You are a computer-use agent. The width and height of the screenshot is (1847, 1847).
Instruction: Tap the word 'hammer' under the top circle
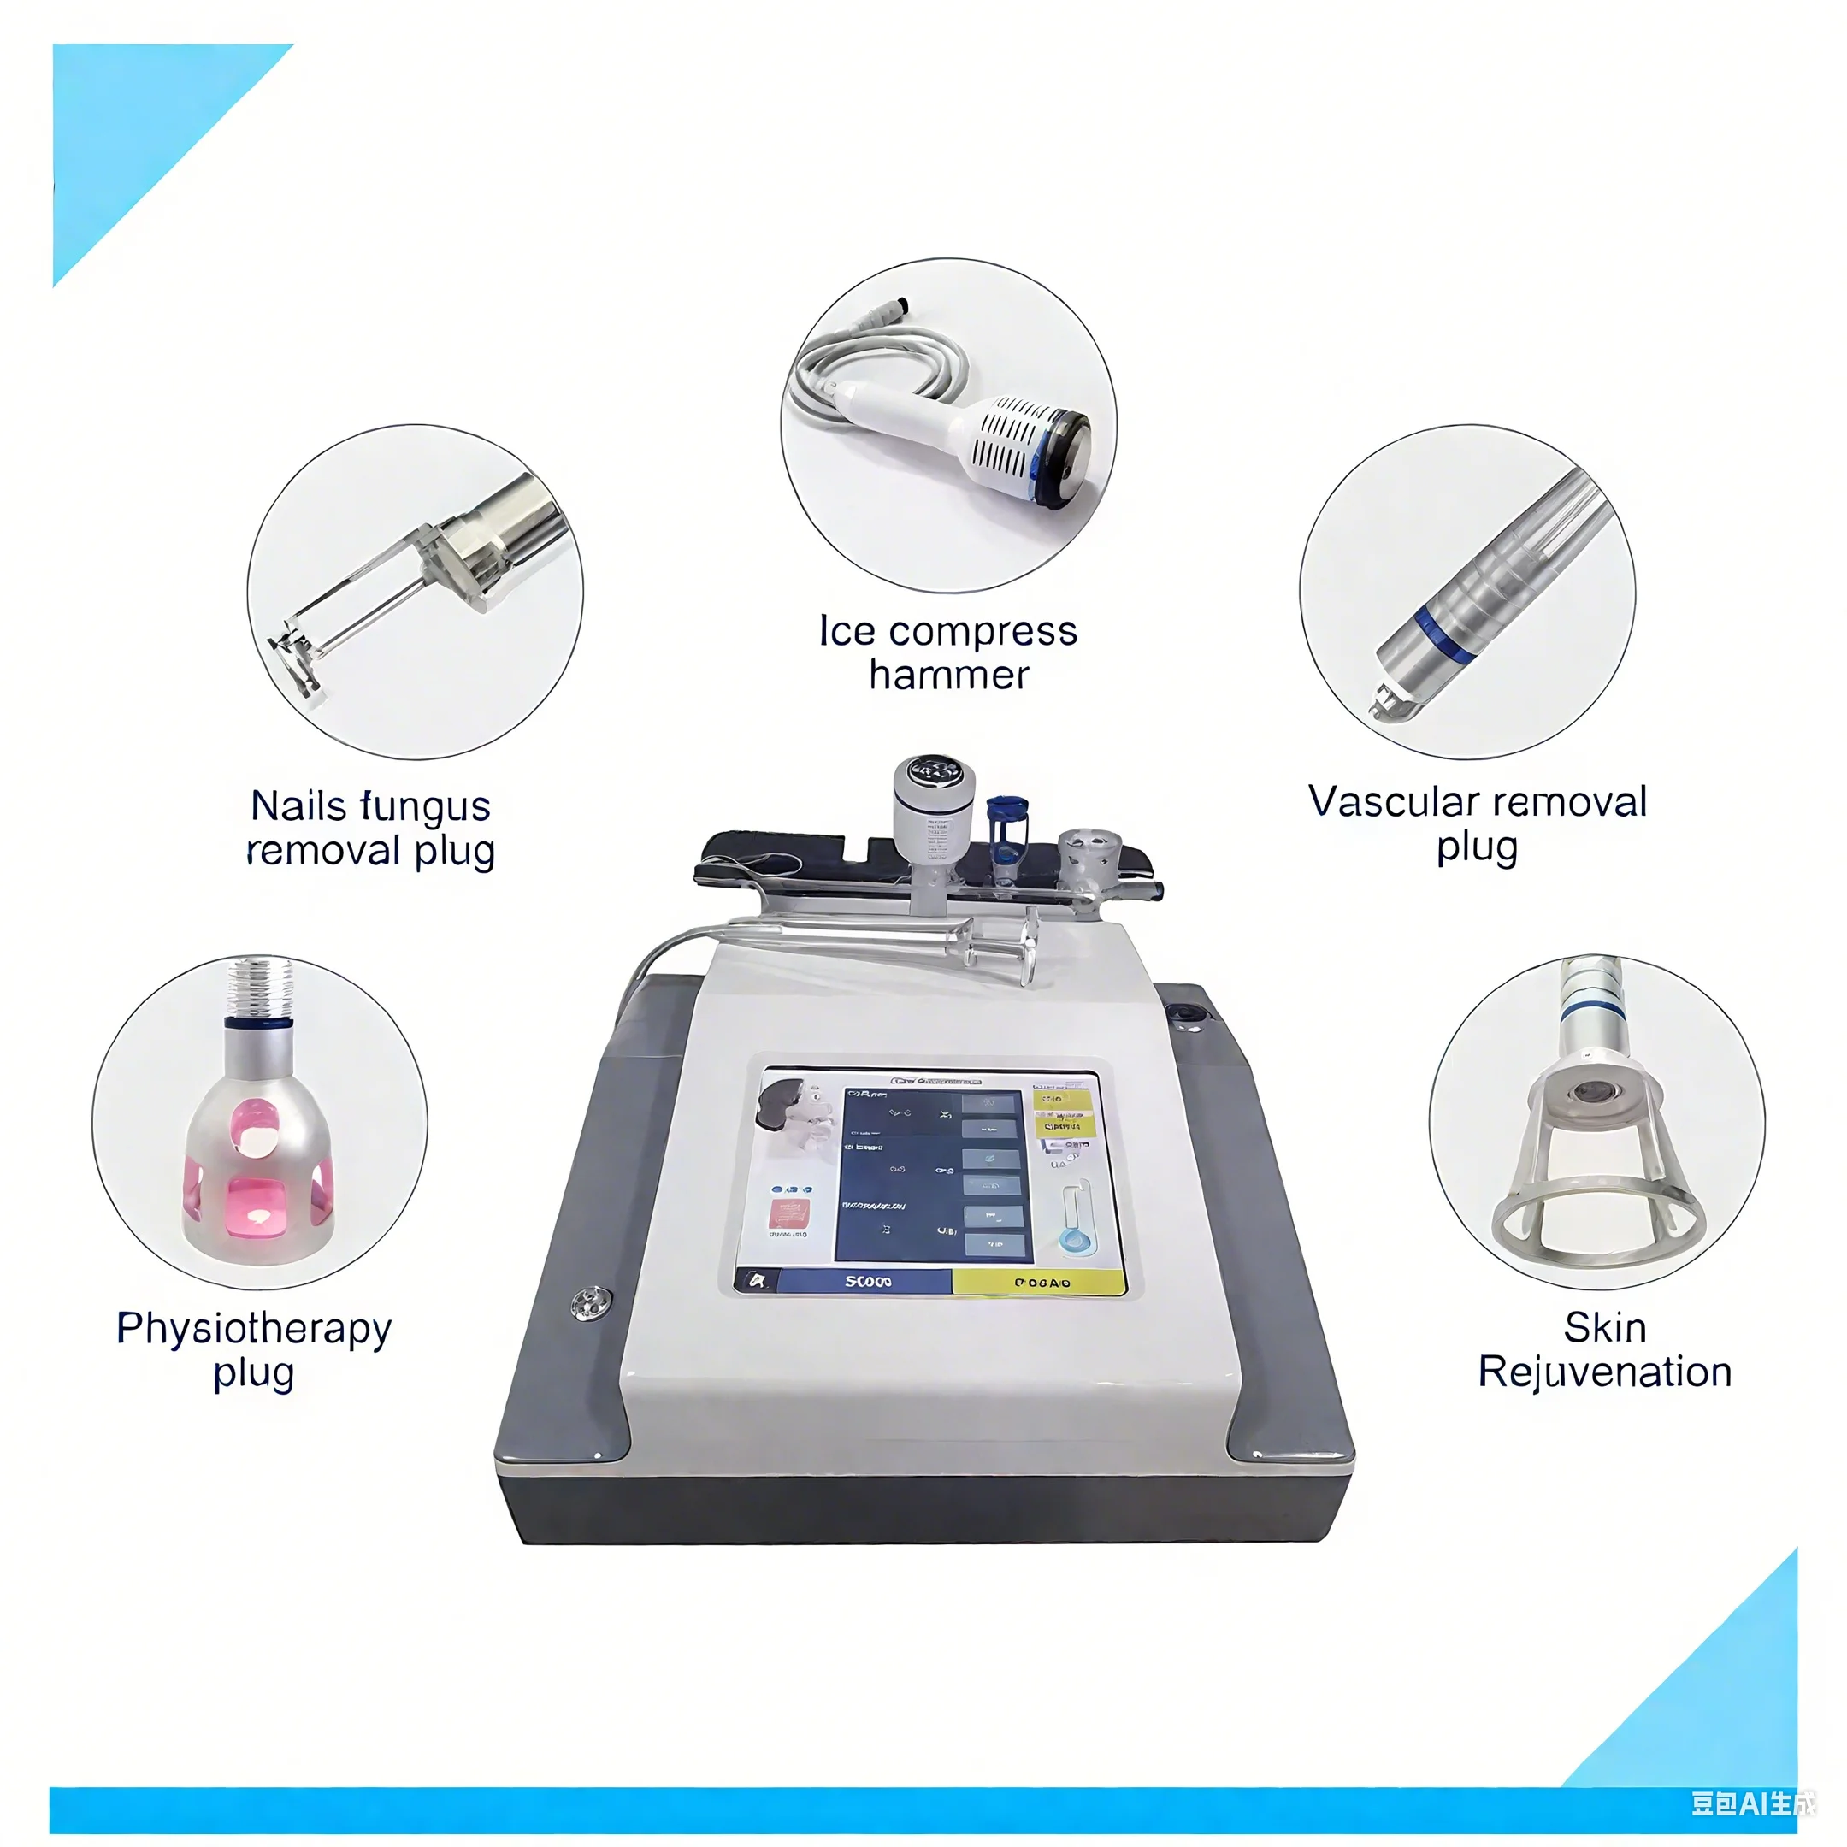click(x=948, y=676)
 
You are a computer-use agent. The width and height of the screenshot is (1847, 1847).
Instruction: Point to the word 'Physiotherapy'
click(x=253, y=1329)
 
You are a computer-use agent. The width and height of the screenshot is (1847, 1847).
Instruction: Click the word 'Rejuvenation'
click(x=1605, y=1372)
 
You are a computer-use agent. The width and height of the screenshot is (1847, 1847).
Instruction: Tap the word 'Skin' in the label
click(x=1605, y=1328)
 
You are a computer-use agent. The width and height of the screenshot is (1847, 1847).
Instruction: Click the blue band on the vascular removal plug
click(x=1443, y=634)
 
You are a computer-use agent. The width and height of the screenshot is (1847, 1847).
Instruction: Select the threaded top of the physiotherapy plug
click(x=259, y=986)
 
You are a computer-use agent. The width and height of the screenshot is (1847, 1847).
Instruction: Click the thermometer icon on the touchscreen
click(x=1076, y=1217)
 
